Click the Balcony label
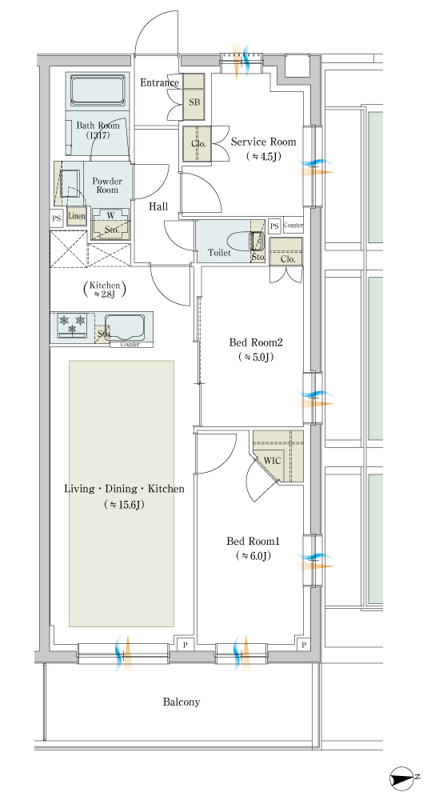click(182, 702)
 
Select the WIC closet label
click(272, 460)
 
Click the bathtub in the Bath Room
click(98, 91)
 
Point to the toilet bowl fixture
click(243, 241)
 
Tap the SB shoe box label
click(194, 102)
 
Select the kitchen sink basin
click(125, 327)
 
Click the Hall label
click(158, 206)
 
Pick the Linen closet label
click(76, 216)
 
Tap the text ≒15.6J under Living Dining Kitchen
click(125, 505)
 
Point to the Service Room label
click(264, 142)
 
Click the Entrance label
click(160, 82)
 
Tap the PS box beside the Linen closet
click(57, 218)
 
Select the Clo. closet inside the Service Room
click(199, 144)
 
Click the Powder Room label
click(107, 186)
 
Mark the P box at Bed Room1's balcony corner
click(303, 646)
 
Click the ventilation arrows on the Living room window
click(123, 653)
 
